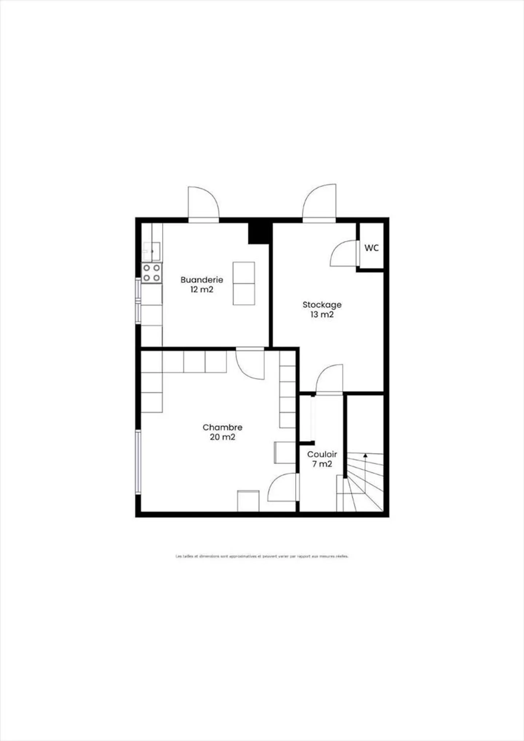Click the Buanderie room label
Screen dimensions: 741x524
tap(202, 280)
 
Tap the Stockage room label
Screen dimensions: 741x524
tap(322, 305)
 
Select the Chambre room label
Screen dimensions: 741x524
tap(222, 427)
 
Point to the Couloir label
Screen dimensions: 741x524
tap(322, 454)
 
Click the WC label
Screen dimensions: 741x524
tap(372, 248)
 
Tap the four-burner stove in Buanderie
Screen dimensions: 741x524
tap(152, 273)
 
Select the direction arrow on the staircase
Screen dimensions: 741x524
tap(365, 455)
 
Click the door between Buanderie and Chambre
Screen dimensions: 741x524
tap(250, 364)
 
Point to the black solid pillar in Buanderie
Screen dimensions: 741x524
tap(260, 233)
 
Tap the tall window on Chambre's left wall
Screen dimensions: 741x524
tap(138, 462)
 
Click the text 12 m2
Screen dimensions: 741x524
tap(202, 290)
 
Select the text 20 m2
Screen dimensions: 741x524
tap(222, 437)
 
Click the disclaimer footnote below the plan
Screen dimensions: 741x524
tap(262, 556)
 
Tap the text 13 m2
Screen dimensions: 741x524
tap(322, 315)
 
